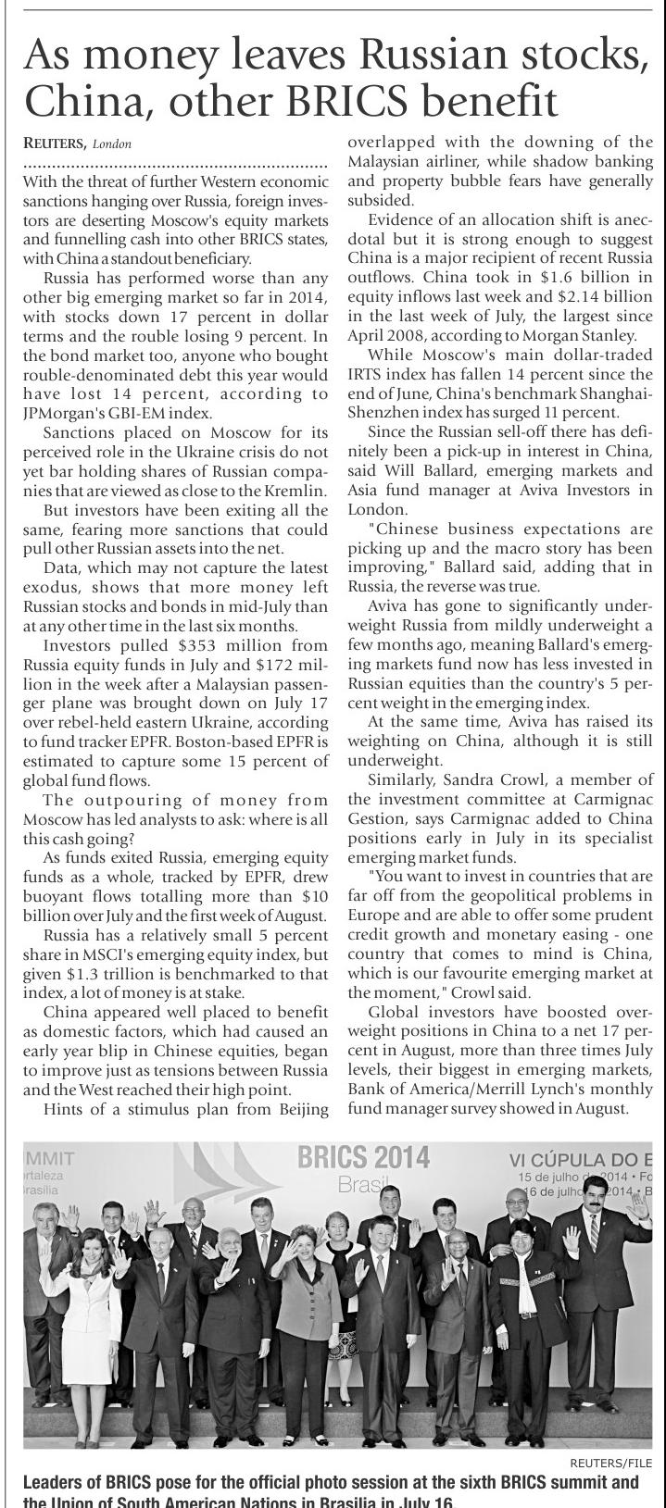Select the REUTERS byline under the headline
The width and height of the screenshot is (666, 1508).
55,143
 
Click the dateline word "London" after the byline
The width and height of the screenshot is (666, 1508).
113,144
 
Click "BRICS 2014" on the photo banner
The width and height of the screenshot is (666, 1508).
363,1158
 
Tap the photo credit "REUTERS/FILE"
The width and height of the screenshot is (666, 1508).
611,1462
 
